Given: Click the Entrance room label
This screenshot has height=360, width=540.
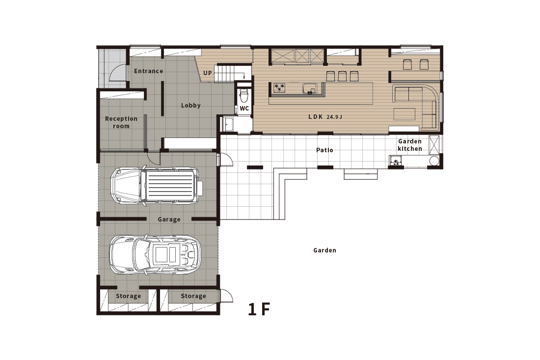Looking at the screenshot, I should [x=148, y=71].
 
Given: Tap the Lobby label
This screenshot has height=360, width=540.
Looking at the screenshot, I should [x=190, y=106].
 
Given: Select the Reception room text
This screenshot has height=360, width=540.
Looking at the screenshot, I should [x=121, y=122].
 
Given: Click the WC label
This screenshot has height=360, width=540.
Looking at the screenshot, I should [x=244, y=108].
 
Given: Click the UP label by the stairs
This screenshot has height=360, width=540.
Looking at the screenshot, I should [x=208, y=73].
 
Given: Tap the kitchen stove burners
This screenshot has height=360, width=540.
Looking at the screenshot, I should [x=280, y=88].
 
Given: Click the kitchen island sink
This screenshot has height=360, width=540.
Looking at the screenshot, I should [x=309, y=88].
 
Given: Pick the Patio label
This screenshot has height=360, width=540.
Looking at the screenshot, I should [x=324, y=150].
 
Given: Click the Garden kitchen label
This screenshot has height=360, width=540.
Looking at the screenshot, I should [x=409, y=145].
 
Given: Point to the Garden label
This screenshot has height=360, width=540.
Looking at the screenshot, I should [x=324, y=250].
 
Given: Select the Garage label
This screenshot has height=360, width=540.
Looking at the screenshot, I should [x=169, y=220].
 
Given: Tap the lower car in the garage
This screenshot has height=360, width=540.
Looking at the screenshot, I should [x=155, y=254].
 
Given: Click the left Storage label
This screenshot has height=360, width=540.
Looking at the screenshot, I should [x=128, y=296].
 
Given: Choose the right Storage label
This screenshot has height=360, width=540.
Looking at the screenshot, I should [x=193, y=296].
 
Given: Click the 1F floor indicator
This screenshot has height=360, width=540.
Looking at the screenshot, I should [x=259, y=309].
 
